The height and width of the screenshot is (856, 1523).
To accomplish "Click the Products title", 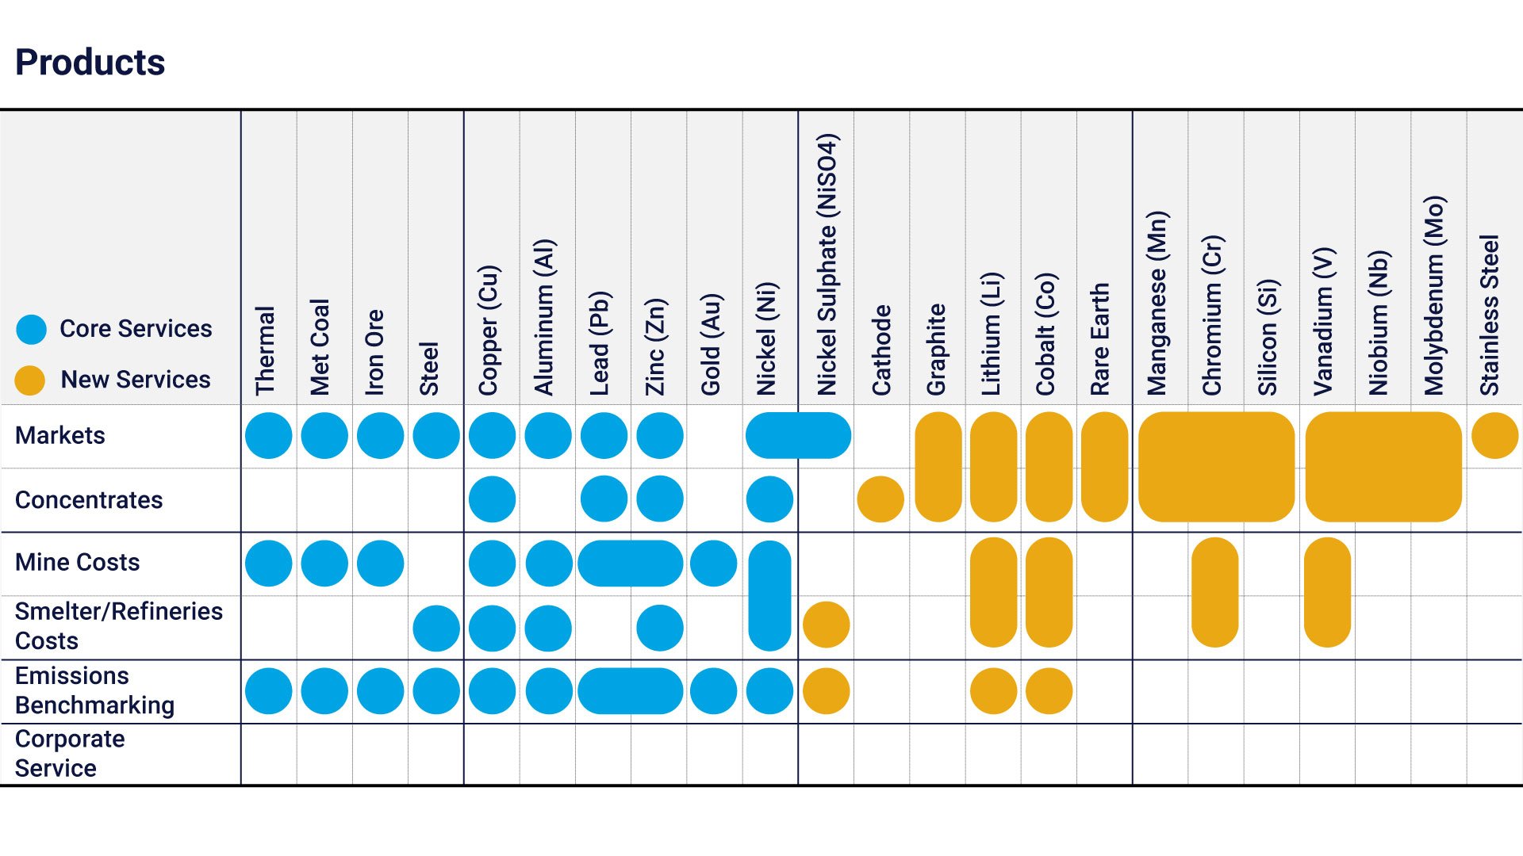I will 90,63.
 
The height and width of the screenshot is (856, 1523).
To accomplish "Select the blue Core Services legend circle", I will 32,329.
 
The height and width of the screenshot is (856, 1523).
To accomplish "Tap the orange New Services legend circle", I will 30,380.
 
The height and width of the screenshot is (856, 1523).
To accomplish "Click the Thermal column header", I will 265,350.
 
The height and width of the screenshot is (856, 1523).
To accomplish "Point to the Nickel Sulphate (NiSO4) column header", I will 827,264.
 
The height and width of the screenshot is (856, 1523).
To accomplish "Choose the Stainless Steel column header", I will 1490,315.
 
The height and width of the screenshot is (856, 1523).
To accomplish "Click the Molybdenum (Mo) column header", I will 1434,295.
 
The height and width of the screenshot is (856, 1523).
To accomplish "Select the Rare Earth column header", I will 1099,339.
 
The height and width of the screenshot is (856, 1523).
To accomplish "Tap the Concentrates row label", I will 89,500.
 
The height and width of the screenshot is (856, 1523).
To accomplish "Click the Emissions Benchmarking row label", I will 94,690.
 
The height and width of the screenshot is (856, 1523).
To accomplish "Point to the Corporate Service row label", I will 70,753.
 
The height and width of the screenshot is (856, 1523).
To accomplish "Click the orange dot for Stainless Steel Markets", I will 1494,435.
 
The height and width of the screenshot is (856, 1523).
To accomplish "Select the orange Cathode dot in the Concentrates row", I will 880,499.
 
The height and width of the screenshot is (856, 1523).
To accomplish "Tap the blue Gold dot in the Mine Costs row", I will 714,564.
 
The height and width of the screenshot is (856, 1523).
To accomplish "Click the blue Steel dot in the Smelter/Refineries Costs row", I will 436,629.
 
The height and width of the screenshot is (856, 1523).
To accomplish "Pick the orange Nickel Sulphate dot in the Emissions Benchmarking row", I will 826,691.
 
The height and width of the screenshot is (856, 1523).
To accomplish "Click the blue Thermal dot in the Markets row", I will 269,435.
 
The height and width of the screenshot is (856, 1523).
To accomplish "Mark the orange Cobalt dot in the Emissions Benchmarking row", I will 1049,691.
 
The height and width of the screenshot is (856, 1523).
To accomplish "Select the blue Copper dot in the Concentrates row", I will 492,499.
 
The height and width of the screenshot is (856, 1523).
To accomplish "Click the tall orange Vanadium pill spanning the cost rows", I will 1327,592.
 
